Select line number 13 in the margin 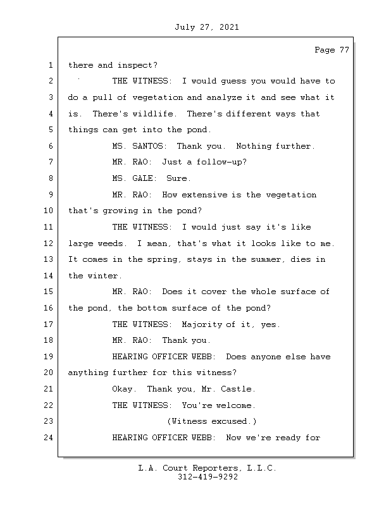click(x=49, y=259)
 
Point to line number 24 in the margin click(x=49, y=438)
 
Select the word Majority click(x=201, y=324)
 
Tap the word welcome click(x=236, y=405)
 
